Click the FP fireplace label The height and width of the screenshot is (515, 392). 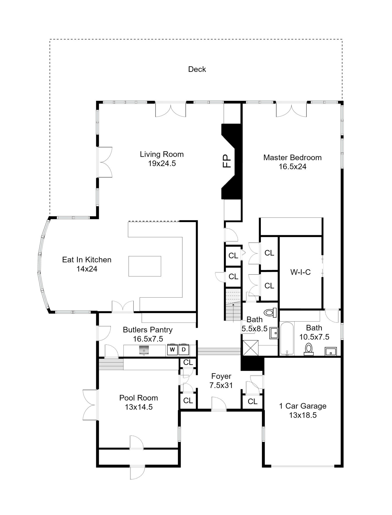click(227, 161)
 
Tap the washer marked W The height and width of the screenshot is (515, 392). click(172, 349)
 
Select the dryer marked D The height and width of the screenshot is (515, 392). click(184, 349)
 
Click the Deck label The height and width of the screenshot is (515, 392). click(197, 69)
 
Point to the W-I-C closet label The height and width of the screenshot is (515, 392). click(301, 272)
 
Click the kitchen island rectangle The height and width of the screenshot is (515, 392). click(145, 266)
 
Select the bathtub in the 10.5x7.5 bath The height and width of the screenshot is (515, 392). click(287, 339)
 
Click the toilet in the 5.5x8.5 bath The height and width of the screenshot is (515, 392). click(270, 313)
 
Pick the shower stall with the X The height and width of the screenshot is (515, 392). click(251, 348)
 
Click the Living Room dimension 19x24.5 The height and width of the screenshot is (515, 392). click(162, 164)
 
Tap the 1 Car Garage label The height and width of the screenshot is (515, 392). click(303, 406)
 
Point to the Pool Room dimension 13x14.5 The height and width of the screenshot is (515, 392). click(139, 407)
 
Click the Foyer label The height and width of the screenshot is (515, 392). click(221, 376)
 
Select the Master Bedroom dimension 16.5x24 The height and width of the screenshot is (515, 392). click(293, 167)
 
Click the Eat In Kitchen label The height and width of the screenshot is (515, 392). click(87, 260)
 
